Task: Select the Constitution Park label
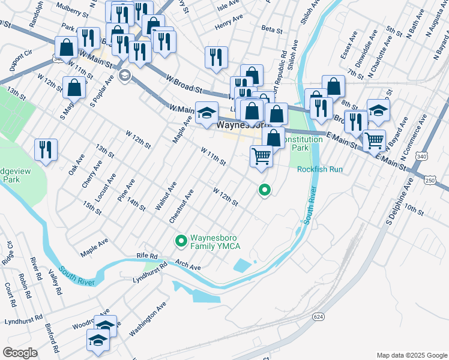coord(303,143)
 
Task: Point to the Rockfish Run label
coord(319,169)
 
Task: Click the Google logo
coord(20,353)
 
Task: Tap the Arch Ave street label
coord(188,264)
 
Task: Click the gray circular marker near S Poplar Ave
coord(125,75)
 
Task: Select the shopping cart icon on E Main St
coord(374,140)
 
